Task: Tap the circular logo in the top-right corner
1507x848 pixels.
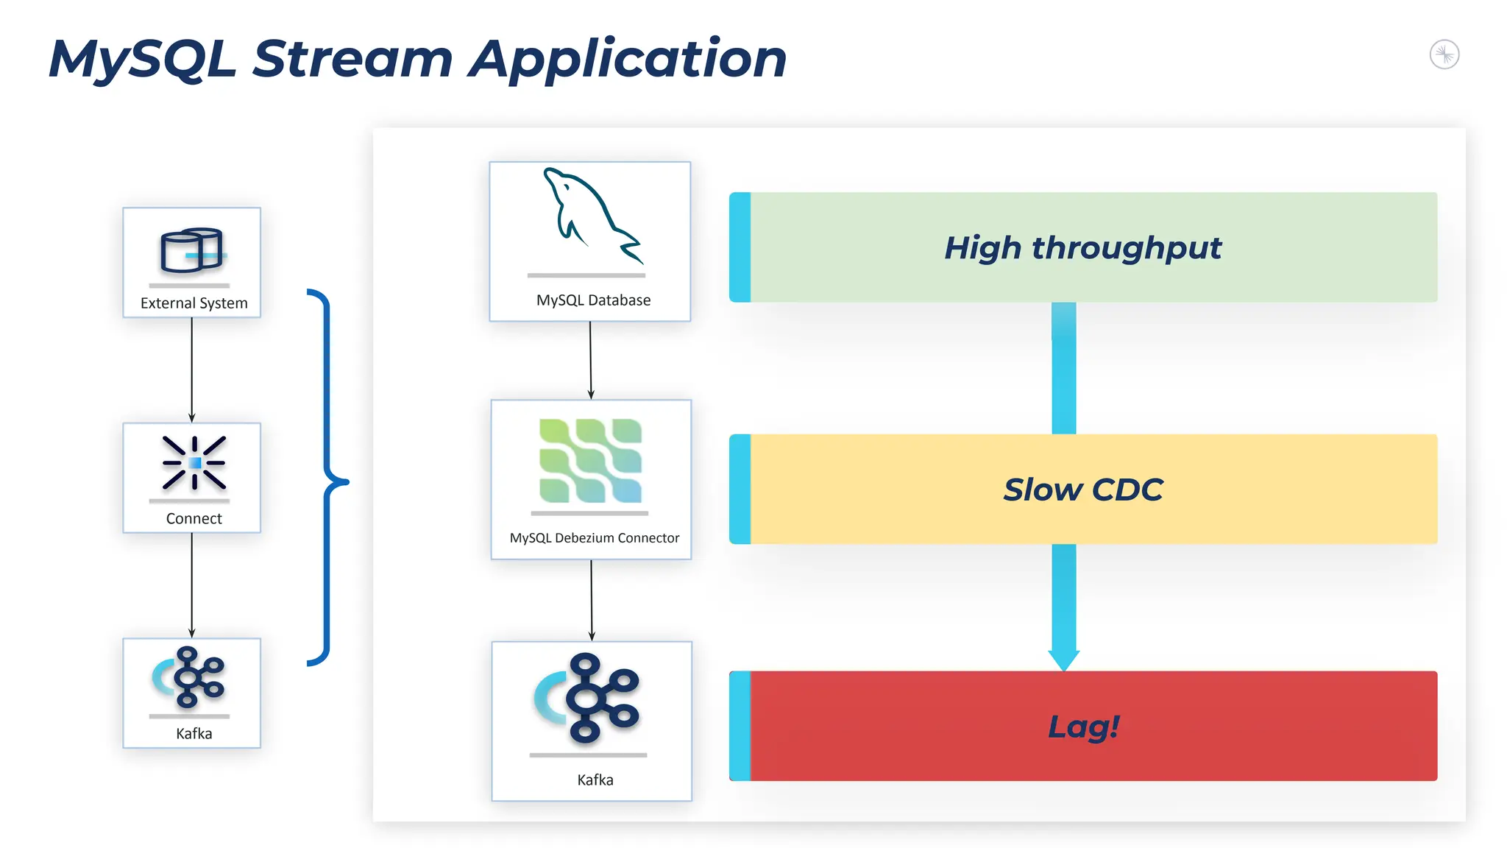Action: pos(1444,54)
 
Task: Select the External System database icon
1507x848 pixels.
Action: pos(191,250)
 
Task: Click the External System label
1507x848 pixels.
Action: pos(194,303)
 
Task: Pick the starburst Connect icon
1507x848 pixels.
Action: pos(194,463)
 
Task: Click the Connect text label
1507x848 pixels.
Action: pos(194,518)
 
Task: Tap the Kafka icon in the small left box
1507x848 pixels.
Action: pos(190,677)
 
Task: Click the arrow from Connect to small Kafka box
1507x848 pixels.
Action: pos(192,585)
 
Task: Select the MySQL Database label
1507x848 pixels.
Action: pos(593,300)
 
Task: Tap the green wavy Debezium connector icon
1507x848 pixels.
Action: pos(590,461)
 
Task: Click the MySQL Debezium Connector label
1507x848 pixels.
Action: pos(594,538)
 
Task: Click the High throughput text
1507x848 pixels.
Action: pos(1082,248)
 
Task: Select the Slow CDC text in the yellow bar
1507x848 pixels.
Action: pos(1082,490)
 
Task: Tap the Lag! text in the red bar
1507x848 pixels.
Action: pos(1082,727)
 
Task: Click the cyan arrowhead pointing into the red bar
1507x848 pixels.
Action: pos(1063,660)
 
